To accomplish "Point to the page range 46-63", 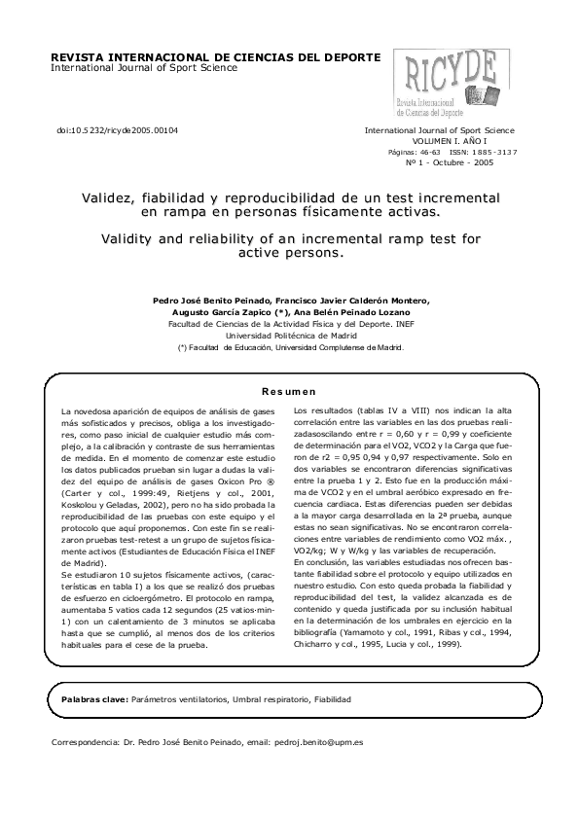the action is pyautogui.click(x=429, y=153).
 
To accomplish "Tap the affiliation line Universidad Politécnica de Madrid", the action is pyautogui.click(x=289, y=335).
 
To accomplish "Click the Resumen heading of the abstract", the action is pyautogui.click(x=289, y=391).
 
